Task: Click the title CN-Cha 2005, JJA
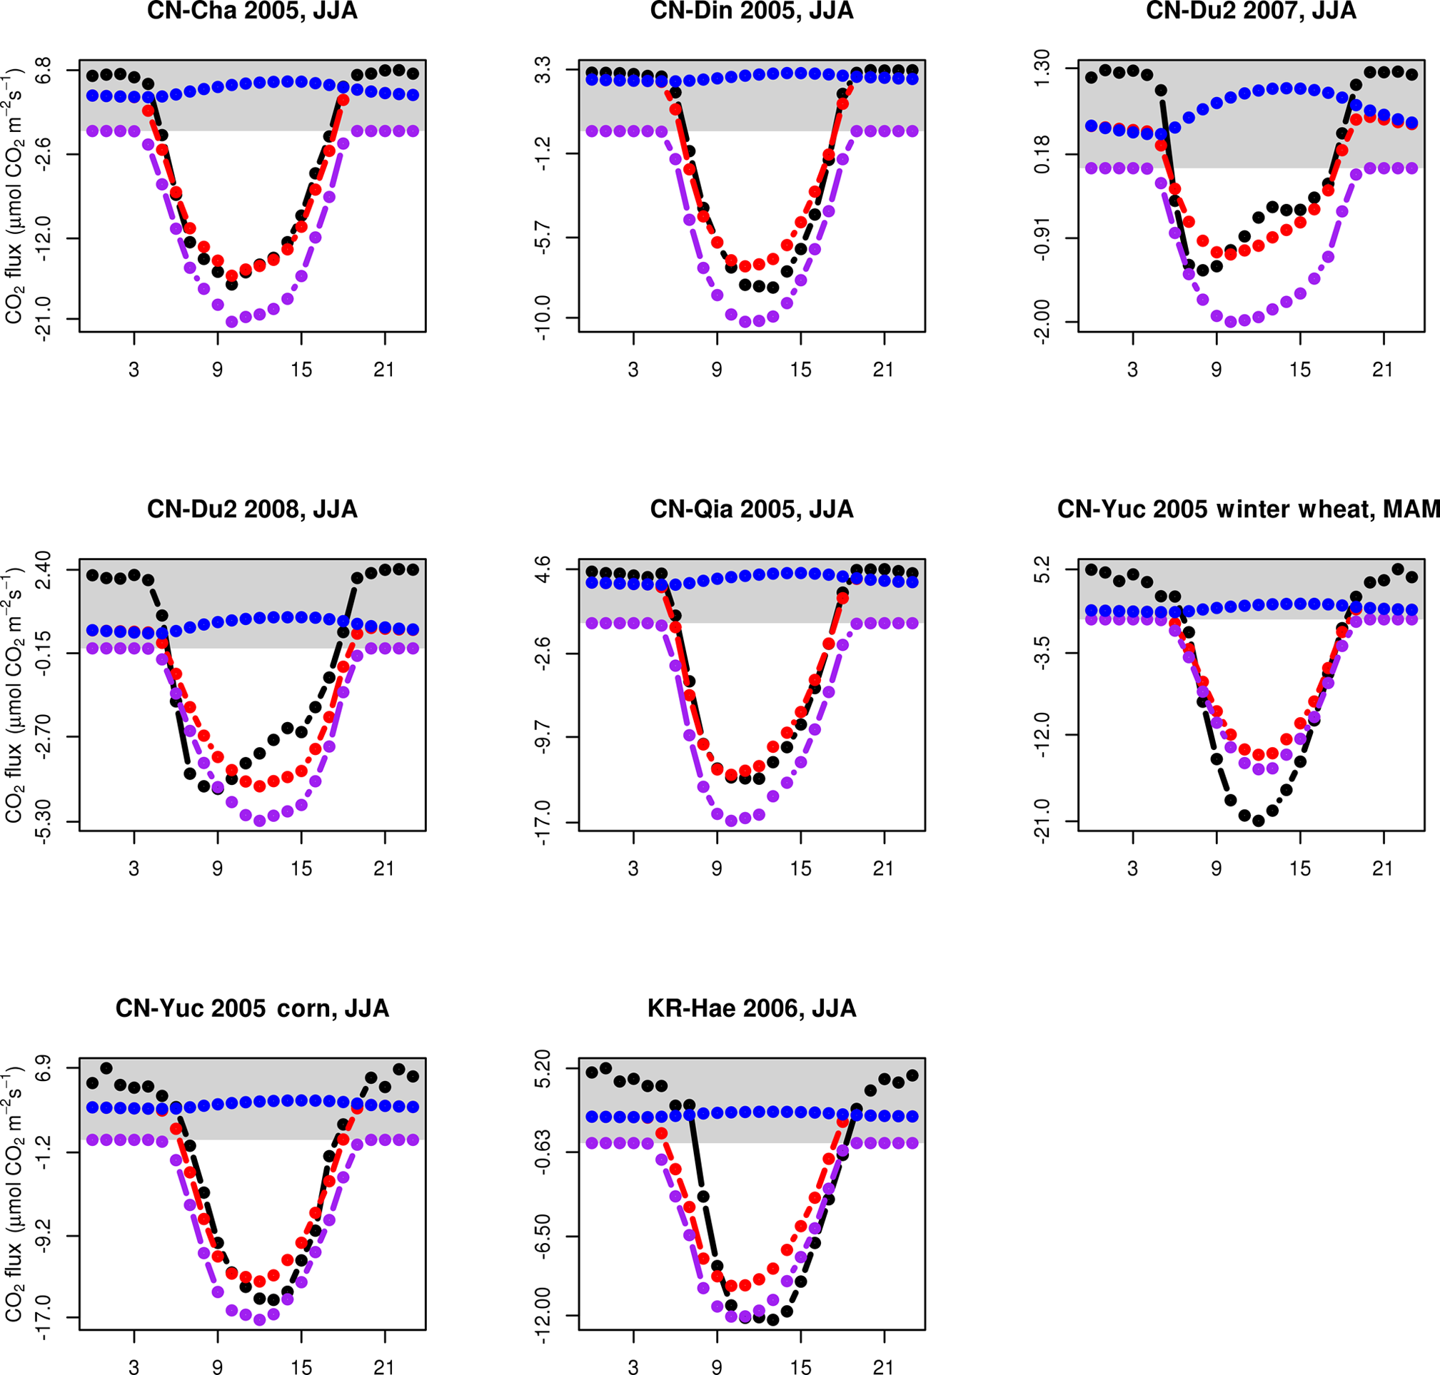tap(252, 11)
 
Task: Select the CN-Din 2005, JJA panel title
tap(752, 11)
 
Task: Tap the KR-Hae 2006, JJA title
tap(752, 1008)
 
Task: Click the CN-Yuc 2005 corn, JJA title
tap(252, 1008)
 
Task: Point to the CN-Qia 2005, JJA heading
tap(752, 509)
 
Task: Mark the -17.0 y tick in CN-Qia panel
tap(545, 821)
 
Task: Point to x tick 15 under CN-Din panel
tap(800, 370)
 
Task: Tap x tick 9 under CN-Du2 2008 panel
tap(218, 868)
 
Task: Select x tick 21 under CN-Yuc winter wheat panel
tap(1383, 868)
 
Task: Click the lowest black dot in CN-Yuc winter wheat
tap(1258, 821)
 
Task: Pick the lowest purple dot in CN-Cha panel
tap(232, 321)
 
